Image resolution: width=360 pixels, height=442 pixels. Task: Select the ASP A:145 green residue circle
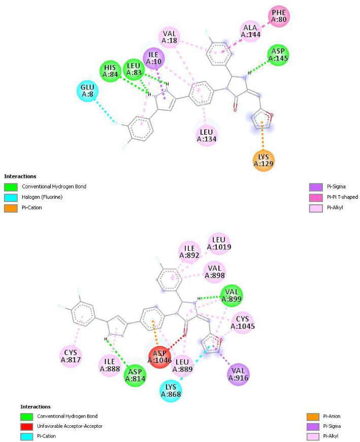click(279, 55)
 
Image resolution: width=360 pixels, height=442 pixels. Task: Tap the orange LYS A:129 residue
click(264, 162)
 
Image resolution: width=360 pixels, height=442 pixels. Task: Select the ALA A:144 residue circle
click(250, 32)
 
